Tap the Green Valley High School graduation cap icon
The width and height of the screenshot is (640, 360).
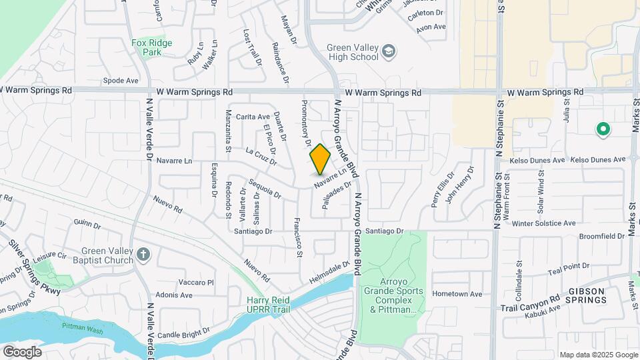[x=388, y=51]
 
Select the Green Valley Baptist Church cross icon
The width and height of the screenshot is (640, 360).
[x=143, y=255]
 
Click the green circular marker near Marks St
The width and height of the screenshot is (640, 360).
[x=603, y=129]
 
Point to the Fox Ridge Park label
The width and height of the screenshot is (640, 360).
[x=151, y=47]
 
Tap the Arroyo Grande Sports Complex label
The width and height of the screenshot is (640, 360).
[x=393, y=295]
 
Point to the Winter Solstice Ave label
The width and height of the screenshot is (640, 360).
[x=543, y=223]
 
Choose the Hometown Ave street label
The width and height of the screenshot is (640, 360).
[x=457, y=294]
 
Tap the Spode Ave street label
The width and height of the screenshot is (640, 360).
[x=121, y=81]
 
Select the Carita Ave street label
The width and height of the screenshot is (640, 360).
[x=253, y=117]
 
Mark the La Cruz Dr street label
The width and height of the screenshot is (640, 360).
[x=261, y=155]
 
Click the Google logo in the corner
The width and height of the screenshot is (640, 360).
[x=22, y=351]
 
